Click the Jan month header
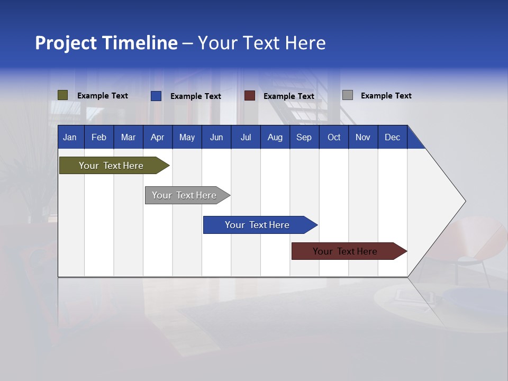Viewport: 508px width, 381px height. (x=70, y=137)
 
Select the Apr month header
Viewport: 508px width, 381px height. (x=157, y=137)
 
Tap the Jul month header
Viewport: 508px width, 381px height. (x=246, y=137)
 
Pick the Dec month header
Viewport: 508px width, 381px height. (x=392, y=137)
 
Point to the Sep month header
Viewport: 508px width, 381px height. (x=304, y=137)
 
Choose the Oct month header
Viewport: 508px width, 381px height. (x=334, y=137)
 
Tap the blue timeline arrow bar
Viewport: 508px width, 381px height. (x=258, y=225)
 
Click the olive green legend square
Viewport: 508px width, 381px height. (x=62, y=95)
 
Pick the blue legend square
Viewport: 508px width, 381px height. (x=156, y=96)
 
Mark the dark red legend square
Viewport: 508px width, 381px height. (x=249, y=96)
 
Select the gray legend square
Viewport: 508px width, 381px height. (x=347, y=95)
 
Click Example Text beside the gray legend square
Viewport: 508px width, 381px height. (x=386, y=96)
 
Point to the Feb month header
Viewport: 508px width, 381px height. (x=99, y=137)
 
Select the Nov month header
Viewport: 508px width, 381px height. (x=362, y=137)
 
